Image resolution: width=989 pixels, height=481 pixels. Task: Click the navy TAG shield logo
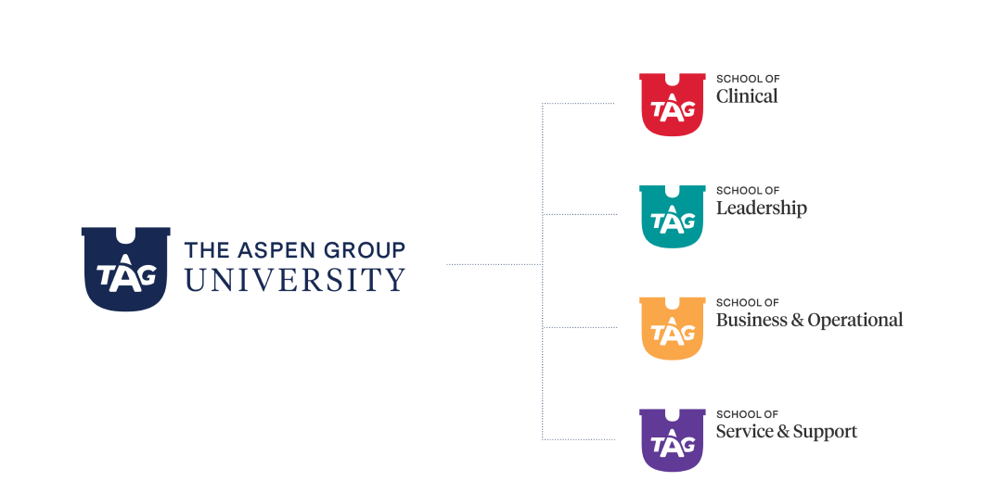[x=125, y=270]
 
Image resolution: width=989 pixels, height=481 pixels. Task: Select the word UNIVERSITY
[x=295, y=279]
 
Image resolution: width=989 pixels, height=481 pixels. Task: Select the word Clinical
[x=747, y=95]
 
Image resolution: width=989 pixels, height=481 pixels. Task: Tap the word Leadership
[x=761, y=208]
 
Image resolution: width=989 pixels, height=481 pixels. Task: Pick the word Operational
[x=854, y=320]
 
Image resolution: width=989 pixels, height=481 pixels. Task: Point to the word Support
[x=824, y=432]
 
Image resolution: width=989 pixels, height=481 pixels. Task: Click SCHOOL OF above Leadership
[x=747, y=190]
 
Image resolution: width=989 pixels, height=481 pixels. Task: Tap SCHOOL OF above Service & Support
[x=747, y=414]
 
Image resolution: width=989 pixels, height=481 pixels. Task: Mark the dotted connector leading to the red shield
[x=579, y=104]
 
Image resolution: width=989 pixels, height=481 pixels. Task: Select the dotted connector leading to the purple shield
[x=579, y=439]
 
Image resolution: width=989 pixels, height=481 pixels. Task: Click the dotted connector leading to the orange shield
[x=579, y=327]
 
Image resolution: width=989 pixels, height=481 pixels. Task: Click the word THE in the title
[x=201, y=249]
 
